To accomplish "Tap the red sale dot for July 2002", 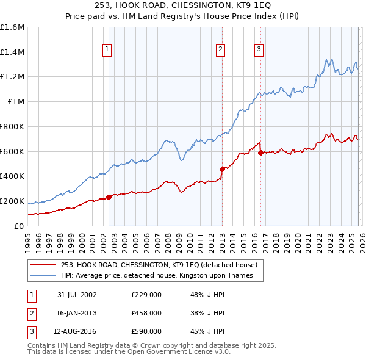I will click(109, 197).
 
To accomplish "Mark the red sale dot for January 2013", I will click(222, 169).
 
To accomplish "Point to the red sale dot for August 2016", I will click(260, 153).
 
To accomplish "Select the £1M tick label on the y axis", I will click(16, 102).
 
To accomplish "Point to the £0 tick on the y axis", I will click(19, 226).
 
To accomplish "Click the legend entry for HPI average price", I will click(161, 276).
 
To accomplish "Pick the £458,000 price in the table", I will click(146, 313).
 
